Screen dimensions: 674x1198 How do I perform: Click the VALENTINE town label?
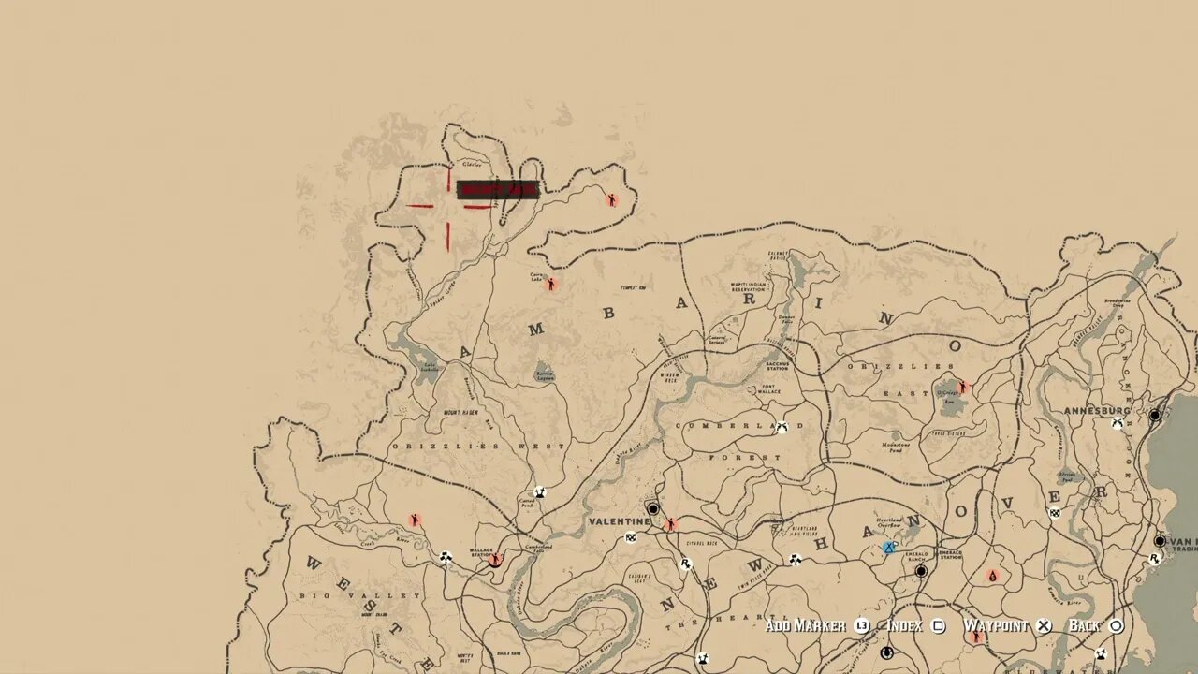point(619,521)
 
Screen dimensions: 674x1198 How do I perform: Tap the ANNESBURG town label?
point(1097,411)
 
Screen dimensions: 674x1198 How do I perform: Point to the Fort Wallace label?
point(769,388)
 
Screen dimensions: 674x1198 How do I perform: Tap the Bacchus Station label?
point(778,366)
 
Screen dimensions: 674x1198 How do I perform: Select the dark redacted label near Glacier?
point(497,190)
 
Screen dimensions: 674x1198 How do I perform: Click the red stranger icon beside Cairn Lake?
point(551,283)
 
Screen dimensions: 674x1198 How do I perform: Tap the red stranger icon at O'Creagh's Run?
point(961,387)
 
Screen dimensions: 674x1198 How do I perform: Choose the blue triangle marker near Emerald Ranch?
point(889,548)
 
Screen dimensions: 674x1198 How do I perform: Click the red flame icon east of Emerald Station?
point(992,577)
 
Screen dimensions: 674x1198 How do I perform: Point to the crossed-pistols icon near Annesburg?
point(1117,424)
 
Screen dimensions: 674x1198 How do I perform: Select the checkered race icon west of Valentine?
point(632,537)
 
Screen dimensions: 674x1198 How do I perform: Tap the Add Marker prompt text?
point(805,625)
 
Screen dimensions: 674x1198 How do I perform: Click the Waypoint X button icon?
point(1044,626)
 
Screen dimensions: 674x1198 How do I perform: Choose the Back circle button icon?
point(1117,626)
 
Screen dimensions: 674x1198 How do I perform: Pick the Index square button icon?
point(939,626)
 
